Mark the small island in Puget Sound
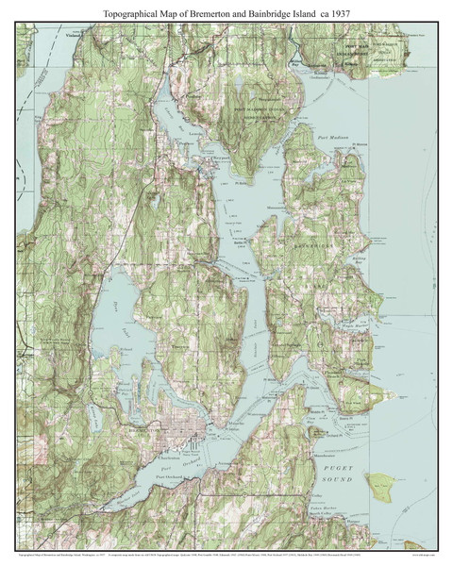381,486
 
